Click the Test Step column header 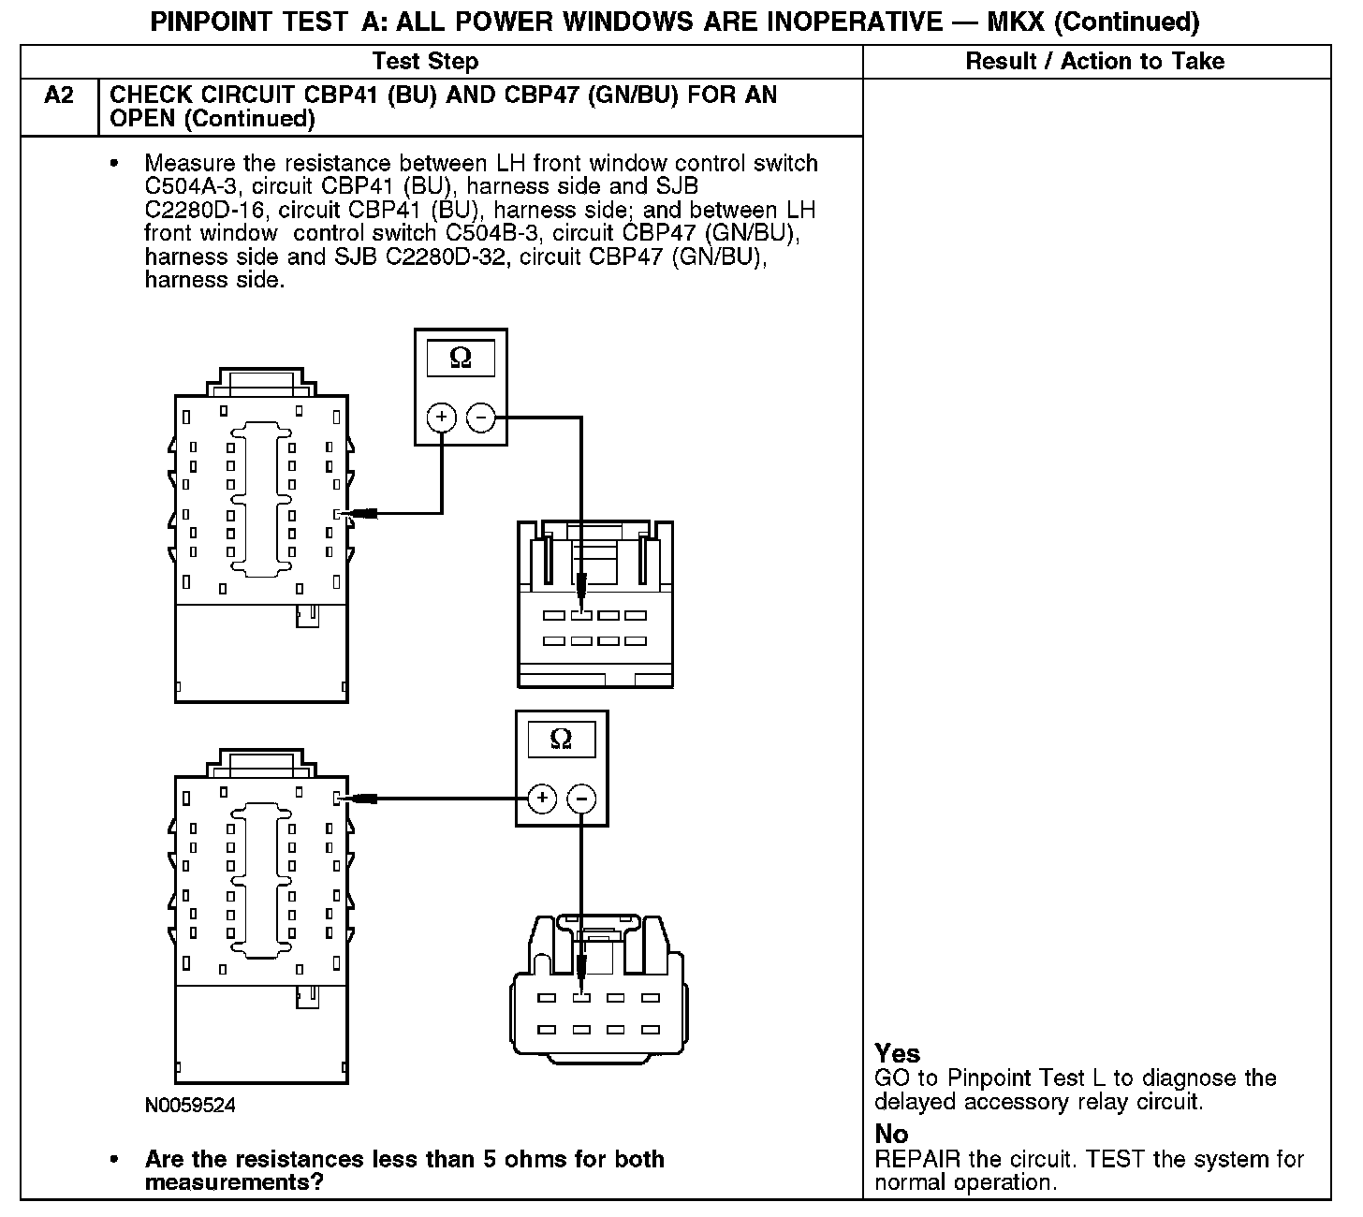tap(425, 62)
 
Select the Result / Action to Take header tap(1094, 62)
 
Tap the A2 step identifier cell tap(59, 95)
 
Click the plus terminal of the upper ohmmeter tap(442, 418)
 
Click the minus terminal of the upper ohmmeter tap(481, 418)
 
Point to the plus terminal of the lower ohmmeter tap(542, 799)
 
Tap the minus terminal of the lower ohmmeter tap(581, 799)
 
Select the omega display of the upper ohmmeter tap(461, 359)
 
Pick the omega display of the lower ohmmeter tap(561, 740)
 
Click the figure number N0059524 tap(190, 1106)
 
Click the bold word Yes tap(897, 1053)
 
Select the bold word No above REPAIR tap(891, 1134)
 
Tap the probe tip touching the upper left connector tap(353, 513)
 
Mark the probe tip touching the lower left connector tap(353, 799)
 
